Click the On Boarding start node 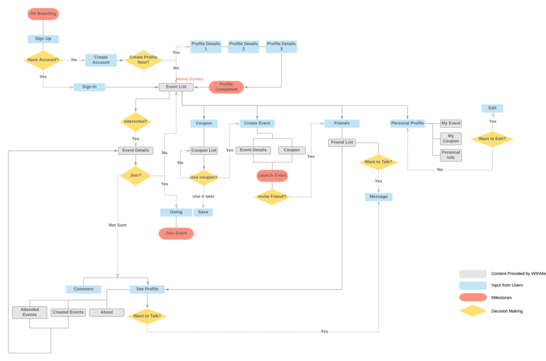[x=43, y=14]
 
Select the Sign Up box [x=43, y=39]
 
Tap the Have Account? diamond [x=43, y=60]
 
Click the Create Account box [x=101, y=60]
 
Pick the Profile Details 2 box [x=243, y=47]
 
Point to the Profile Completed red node [x=226, y=87]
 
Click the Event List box [x=176, y=87]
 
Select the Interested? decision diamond [x=135, y=121]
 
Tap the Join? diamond [x=135, y=176]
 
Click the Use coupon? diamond [x=203, y=178]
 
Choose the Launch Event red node [x=272, y=176]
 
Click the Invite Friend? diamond [x=272, y=197]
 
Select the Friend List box [x=342, y=143]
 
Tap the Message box [x=378, y=197]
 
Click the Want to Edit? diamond [x=492, y=139]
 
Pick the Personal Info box [x=450, y=155]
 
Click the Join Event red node [x=176, y=233]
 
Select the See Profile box [x=147, y=289]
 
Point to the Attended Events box [x=29, y=312]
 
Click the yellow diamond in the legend [x=473, y=311]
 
